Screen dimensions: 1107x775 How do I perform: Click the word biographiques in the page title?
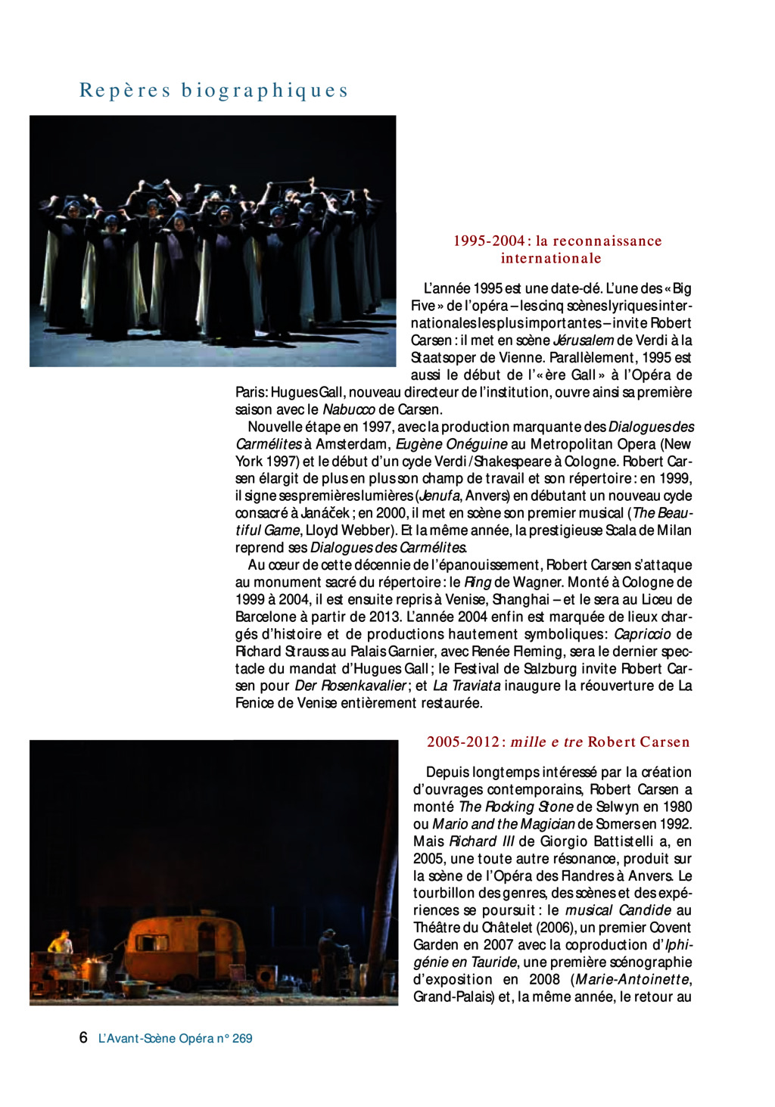pos(265,91)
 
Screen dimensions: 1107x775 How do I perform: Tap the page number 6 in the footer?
pos(83,1037)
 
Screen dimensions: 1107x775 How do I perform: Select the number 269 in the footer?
pos(242,1038)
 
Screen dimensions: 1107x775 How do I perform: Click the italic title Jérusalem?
pos(583,340)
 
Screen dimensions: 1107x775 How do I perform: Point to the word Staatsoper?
pos(444,358)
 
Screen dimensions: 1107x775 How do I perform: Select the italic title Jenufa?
pos(439,496)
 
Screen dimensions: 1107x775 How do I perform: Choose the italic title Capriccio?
pos(642,634)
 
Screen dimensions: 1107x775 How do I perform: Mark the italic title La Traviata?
pos(466,686)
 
